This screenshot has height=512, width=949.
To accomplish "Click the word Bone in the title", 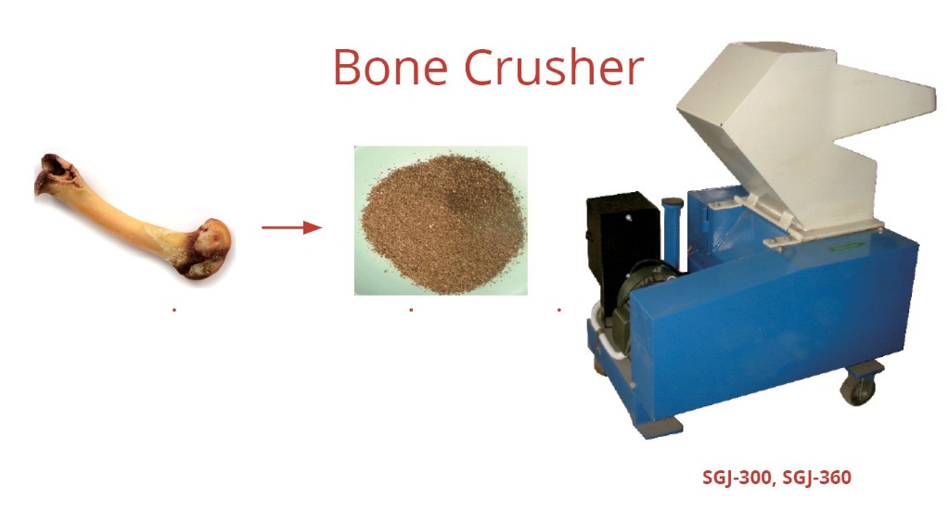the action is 391,67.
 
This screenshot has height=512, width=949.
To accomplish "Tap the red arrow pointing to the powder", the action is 291,227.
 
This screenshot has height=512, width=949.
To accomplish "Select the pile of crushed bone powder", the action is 442,223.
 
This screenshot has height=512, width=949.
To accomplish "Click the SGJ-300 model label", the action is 737,478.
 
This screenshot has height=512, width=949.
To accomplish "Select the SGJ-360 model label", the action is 816,478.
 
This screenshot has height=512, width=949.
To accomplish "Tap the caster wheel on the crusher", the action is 859,388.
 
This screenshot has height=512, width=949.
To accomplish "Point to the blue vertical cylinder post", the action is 673,233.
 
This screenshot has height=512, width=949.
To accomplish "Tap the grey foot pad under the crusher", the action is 660,428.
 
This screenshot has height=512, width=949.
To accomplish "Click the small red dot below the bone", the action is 174,310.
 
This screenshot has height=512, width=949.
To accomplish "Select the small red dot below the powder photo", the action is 411,310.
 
